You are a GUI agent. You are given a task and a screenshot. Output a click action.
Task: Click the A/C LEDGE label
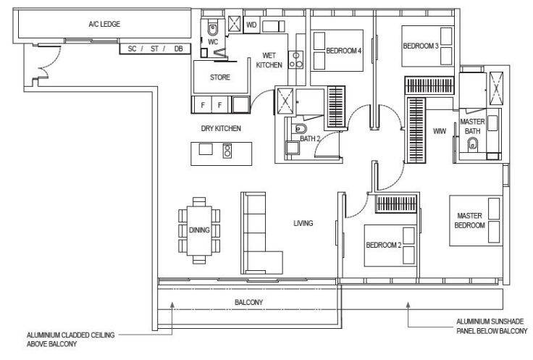pyautogui.click(x=104, y=24)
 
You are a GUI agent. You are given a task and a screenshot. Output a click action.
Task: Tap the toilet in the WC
pyautogui.click(x=213, y=29)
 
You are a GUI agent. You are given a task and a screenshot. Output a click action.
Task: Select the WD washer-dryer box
pyautogui.click(x=251, y=25)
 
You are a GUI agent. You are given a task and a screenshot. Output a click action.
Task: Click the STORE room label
pyautogui.click(x=220, y=78)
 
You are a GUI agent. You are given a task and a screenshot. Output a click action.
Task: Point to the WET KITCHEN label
pyautogui.click(x=269, y=60)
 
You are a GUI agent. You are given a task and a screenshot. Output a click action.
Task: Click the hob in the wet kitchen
pyautogui.click(x=295, y=60)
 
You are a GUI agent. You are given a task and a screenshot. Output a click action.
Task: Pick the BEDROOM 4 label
pyautogui.click(x=344, y=51)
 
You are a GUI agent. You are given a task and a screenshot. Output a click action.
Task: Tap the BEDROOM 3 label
pyautogui.click(x=421, y=46)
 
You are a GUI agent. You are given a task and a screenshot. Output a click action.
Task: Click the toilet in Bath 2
pyautogui.click(x=300, y=128)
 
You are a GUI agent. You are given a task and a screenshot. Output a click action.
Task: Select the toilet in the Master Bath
pyautogui.click(x=472, y=145)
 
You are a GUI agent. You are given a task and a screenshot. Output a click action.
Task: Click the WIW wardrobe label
pyautogui.click(x=439, y=131)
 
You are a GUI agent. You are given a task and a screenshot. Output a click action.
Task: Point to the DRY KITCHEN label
pyautogui.click(x=221, y=128)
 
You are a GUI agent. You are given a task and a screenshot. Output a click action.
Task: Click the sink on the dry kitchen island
pyautogui.click(x=206, y=149)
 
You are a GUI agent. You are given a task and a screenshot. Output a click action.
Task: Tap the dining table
pyautogui.click(x=199, y=230)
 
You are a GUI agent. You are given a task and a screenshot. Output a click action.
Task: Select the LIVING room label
pyautogui.click(x=303, y=223)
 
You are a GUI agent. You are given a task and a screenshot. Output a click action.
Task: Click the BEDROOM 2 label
pyautogui.click(x=384, y=245)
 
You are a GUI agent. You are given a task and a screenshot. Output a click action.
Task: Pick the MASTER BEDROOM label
pyautogui.click(x=469, y=221)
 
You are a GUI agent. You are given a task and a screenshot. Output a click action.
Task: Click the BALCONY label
pyautogui.click(x=249, y=303)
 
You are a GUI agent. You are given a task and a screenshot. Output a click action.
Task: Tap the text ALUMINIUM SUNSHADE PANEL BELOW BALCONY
pyautogui.click(x=492, y=326)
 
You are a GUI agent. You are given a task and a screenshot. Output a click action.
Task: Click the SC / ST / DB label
pyautogui.click(x=156, y=49)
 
